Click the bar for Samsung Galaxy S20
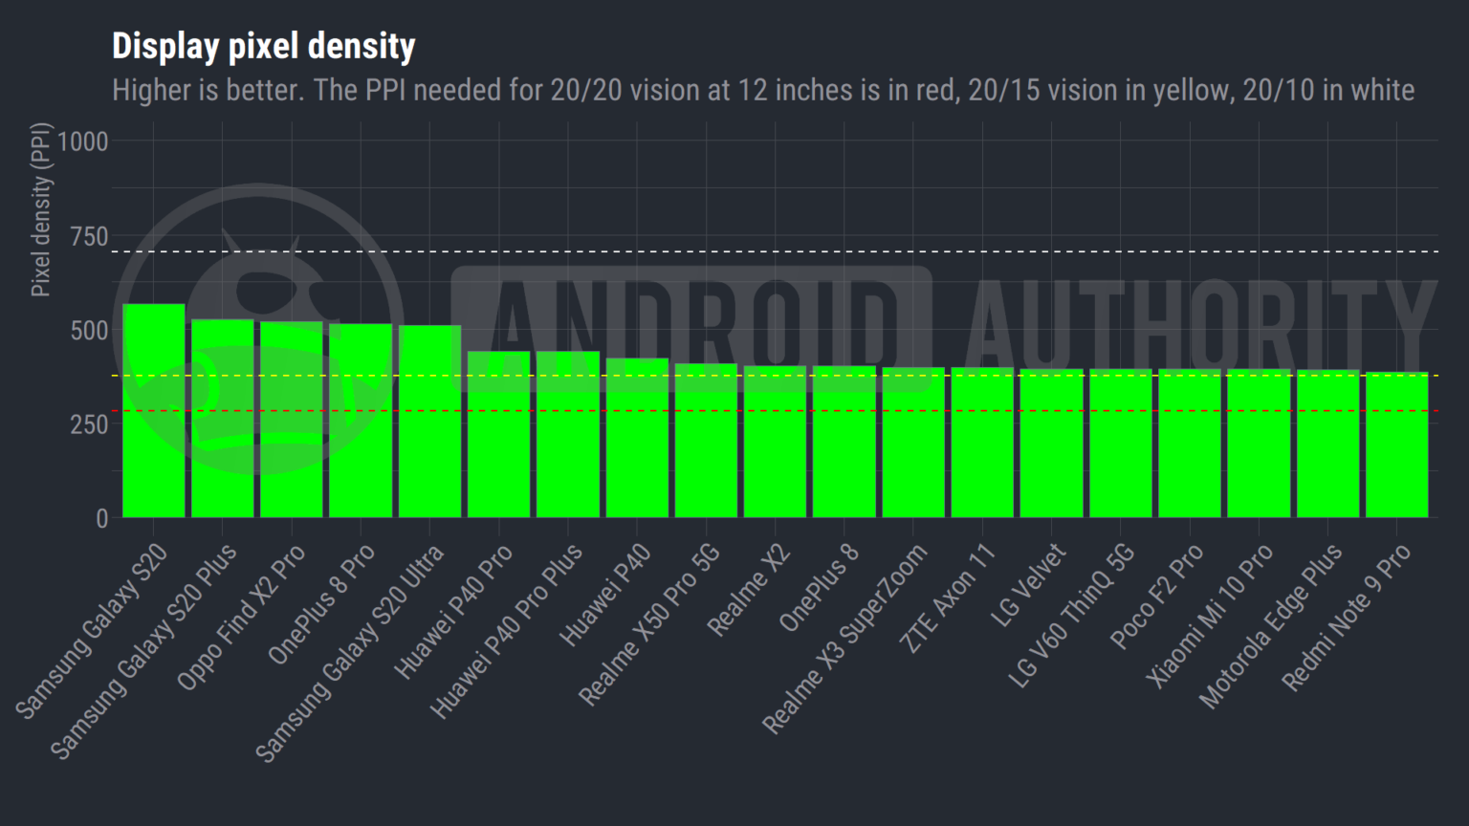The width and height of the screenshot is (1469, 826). tap(154, 411)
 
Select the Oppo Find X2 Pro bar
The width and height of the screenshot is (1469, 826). tap(292, 420)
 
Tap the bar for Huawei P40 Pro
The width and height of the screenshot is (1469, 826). tap(498, 435)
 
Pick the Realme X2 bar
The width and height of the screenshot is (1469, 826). tap(775, 442)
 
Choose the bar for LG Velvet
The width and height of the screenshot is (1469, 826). tap(1051, 444)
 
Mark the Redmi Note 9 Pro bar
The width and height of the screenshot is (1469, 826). tap(1396, 445)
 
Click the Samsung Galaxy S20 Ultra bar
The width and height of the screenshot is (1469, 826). tap(429, 422)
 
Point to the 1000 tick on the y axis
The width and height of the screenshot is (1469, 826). tap(83, 141)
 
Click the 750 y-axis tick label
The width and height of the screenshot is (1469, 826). tap(89, 236)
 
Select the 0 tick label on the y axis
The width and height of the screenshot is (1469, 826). tap(102, 518)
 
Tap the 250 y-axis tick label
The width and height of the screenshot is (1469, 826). tap(89, 424)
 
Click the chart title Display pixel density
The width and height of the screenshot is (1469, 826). tap(263, 46)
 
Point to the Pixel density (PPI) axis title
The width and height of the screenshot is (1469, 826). tap(40, 210)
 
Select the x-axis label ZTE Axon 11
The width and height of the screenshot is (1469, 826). tap(948, 599)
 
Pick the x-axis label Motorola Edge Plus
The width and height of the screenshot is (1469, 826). tap(1270, 627)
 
